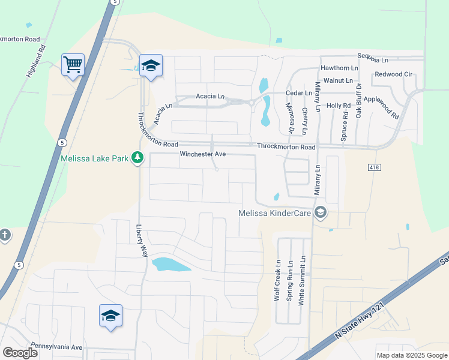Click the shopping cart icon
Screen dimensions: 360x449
pyautogui.click(x=73, y=63)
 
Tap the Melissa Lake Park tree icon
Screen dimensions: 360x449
pyautogui.click(x=138, y=158)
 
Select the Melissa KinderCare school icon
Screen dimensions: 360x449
pyautogui.click(x=321, y=212)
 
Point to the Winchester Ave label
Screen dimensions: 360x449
pyautogui.click(x=203, y=154)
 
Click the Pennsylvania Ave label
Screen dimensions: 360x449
pyautogui.click(x=56, y=347)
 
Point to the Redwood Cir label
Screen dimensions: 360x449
pyautogui.click(x=394, y=74)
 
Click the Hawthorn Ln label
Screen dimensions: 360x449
pyautogui.click(x=339, y=68)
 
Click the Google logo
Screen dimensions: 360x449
pyautogui.click(x=20, y=353)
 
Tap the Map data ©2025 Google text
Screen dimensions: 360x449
pyautogui.click(x=411, y=355)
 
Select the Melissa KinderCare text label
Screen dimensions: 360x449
pyautogui.click(x=276, y=212)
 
